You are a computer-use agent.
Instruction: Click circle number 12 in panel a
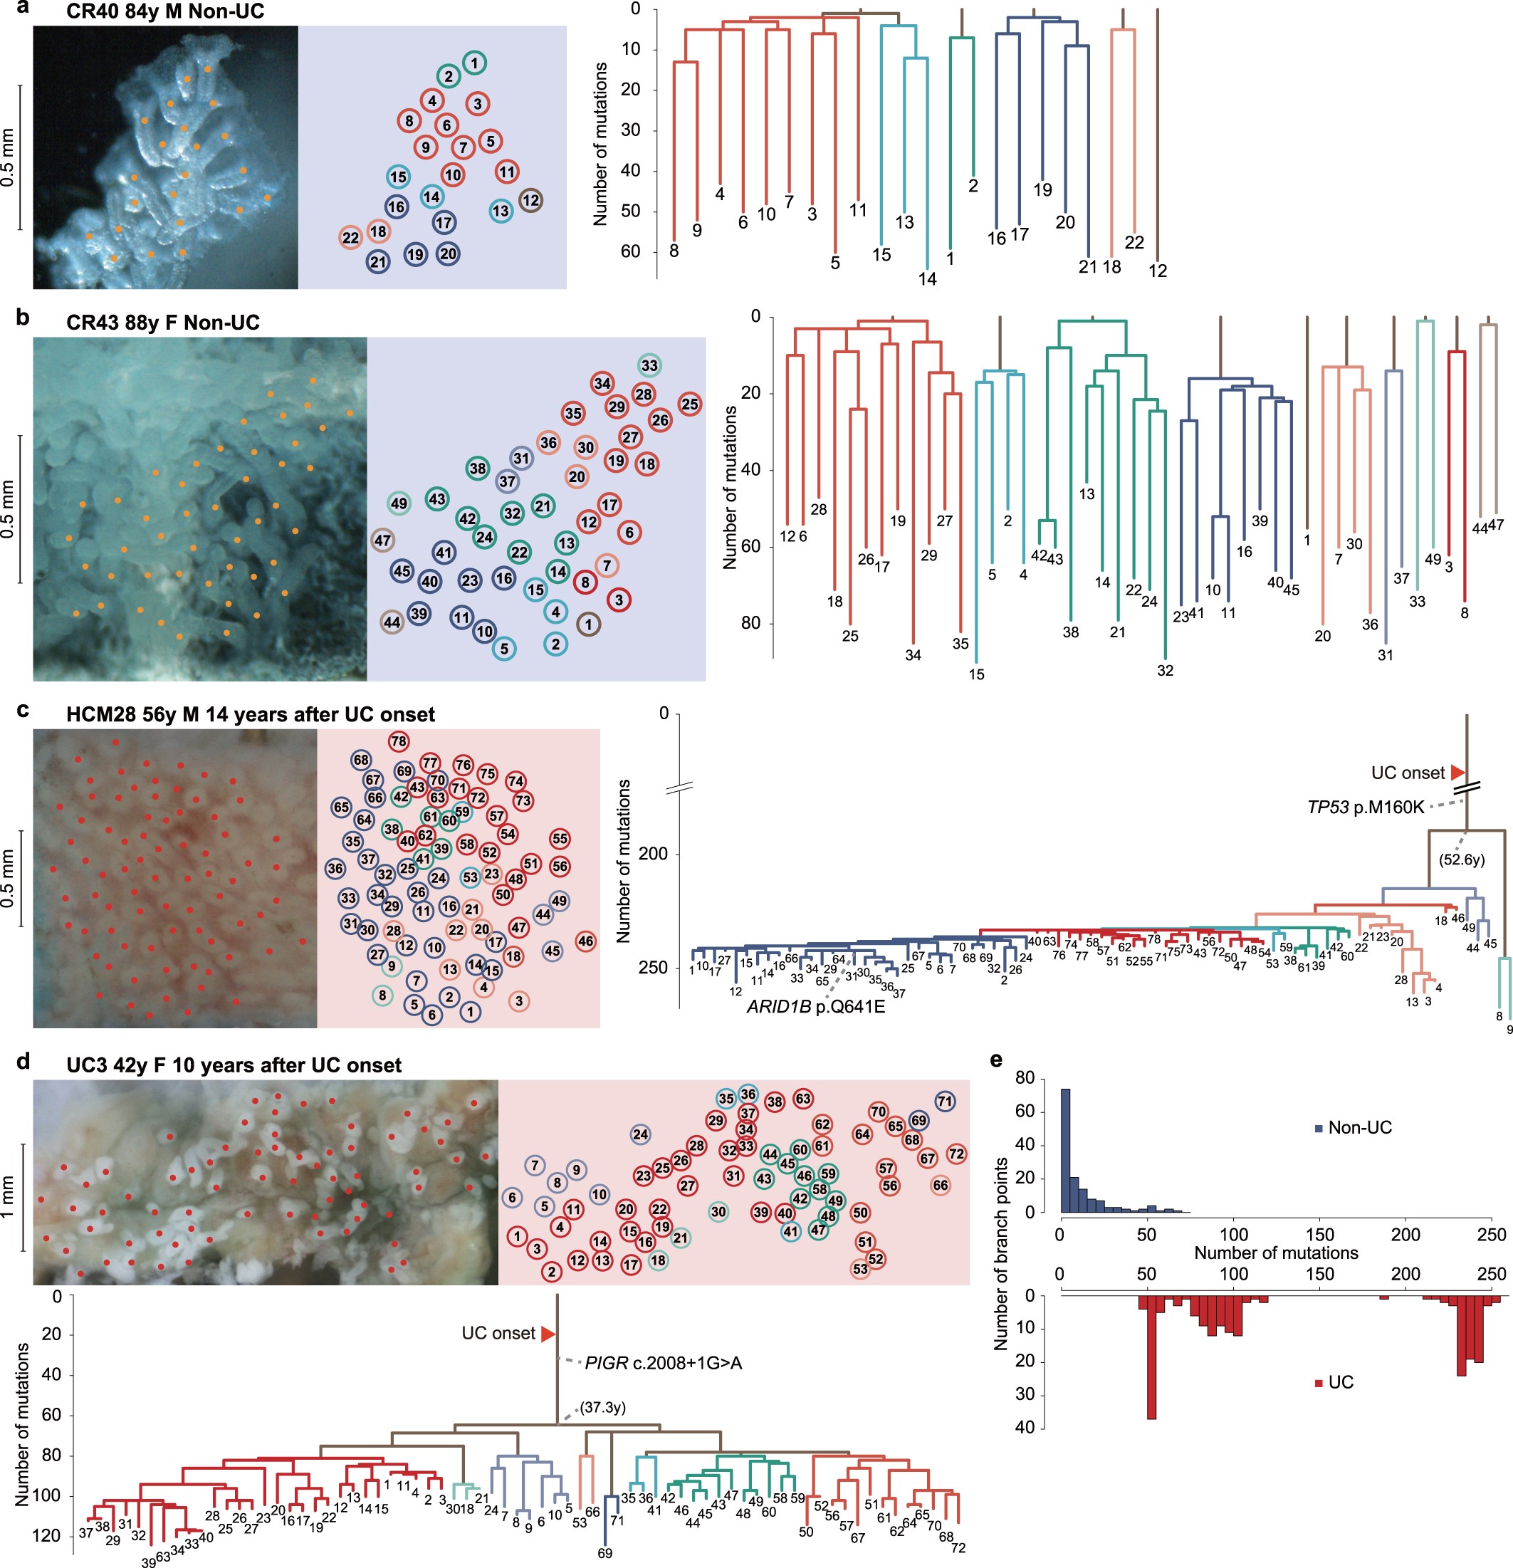coord(530,200)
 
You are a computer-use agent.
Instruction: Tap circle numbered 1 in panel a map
coord(474,63)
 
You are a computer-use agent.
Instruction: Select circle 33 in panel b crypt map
coord(649,365)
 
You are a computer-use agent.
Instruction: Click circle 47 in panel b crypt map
coord(382,540)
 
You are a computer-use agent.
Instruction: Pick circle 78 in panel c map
coord(399,741)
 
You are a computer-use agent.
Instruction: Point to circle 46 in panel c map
coord(586,941)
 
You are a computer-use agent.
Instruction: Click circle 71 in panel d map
coord(945,1101)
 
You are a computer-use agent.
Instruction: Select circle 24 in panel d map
coord(640,1134)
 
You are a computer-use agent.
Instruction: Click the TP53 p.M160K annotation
coord(1366,807)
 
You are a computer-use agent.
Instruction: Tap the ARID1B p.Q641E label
coord(815,1006)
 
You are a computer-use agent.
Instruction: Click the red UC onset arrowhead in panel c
coord(1457,772)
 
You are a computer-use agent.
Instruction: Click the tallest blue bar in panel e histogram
coord(1066,1152)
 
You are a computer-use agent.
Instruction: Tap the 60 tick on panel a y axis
coord(631,251)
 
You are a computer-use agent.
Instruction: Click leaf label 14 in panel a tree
coord(927,279)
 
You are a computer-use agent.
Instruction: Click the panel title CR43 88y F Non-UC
coord(162,323)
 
